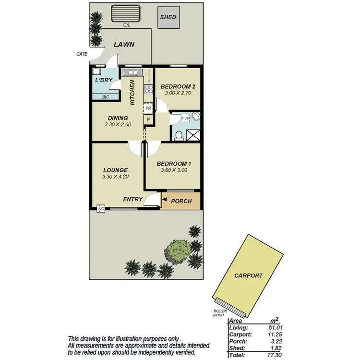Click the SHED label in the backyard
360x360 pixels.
tap(168, 18)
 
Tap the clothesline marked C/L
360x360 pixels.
tap(126, 14)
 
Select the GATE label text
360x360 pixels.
tap(82, 54)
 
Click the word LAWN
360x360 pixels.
tap(124, 45)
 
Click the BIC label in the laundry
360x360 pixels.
tap(105, 97)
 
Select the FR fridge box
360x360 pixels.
tap(148, 109)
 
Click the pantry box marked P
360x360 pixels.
tap(148, 120)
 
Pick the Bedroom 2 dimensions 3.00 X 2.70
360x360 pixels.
tap(178, 93)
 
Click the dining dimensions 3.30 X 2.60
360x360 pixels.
tap(118, 124)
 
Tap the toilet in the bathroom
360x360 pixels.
tap(179, 136)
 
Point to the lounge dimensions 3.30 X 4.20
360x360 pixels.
tap(115, 177)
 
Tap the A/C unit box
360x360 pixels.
tap(101, 209)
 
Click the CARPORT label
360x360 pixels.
tap(249, 276)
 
